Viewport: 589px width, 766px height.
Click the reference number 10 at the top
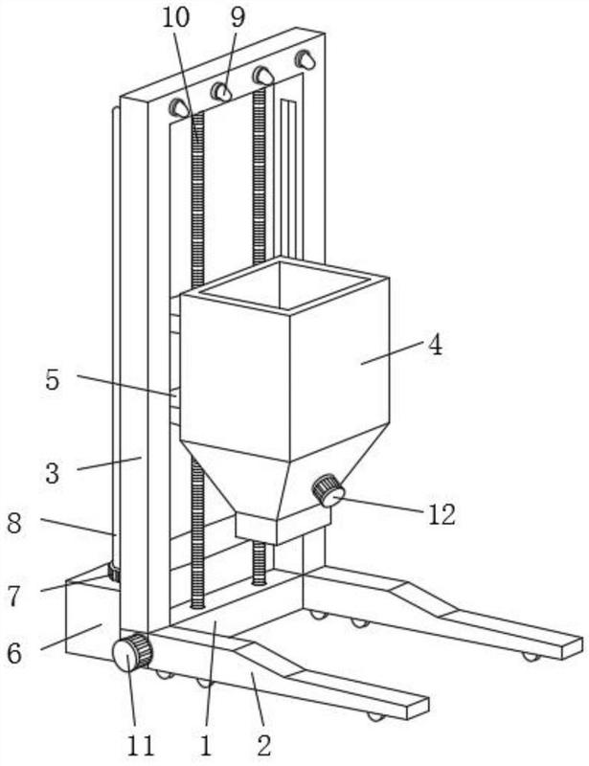click(x=175, y=17)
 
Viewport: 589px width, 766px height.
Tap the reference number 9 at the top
click(x=238, y=17)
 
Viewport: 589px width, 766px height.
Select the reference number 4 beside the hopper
click(x=435, y=346)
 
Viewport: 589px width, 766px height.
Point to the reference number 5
click(x=53, y=379)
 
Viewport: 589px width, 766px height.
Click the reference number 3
click(x=53, y=473)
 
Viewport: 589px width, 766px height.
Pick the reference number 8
click(x=14, y=523)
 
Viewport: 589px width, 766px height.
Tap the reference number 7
click(x=14, y=596)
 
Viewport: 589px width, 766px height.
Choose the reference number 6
click(x=14, y=653)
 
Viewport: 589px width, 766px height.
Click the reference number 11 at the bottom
click(x=140, y=746)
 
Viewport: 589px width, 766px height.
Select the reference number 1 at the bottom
click(x=206, y=746)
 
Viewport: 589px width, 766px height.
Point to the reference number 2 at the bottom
click(x=264, y=746)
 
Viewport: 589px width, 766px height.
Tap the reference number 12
click(x=442, y=514)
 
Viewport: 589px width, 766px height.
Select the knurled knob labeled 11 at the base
click(x=132, y=652)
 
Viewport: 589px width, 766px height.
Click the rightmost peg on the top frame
click(x=305, y=59)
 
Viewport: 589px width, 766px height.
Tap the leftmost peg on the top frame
click(x=179, y=107)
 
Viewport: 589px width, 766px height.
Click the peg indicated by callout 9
click(x=221, y=91)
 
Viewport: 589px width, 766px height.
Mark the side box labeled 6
click(x=93, y=618)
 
